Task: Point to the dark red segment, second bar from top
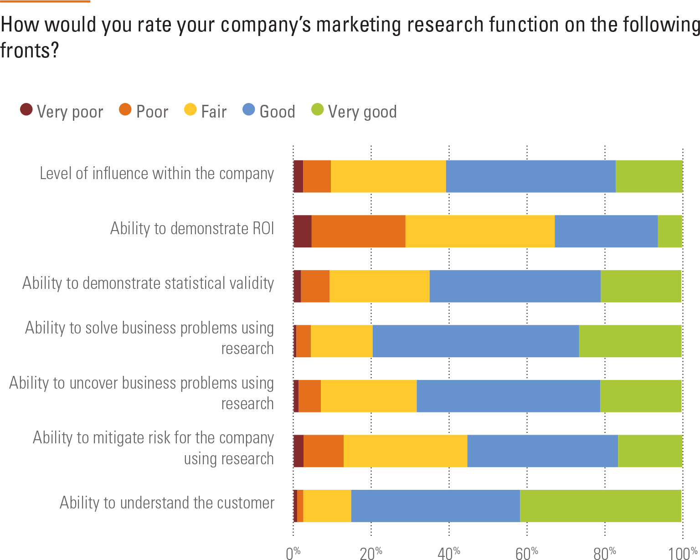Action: coord(303,231)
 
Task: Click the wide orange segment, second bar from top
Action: coord(359,231)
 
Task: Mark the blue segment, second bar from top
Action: coord(606,231)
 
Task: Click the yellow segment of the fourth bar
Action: coord(341,341)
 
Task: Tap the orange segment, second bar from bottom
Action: coord(324,451)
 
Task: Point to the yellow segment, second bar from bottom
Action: coord(405,451)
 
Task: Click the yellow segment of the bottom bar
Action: coord(327,506)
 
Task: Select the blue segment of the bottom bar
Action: coord(435,506)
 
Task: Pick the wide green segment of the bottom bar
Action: coord(601,506)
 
